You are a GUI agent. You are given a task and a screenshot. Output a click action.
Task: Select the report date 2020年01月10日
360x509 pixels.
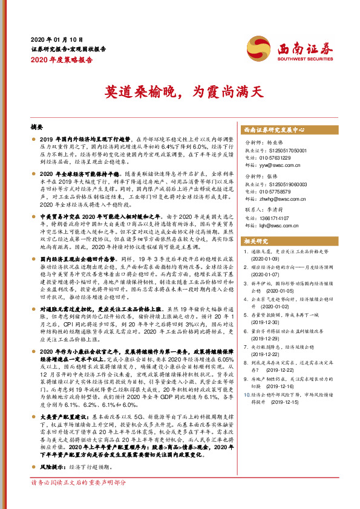50,39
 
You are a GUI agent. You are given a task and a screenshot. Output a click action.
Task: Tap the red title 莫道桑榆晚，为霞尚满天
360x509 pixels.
180,92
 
